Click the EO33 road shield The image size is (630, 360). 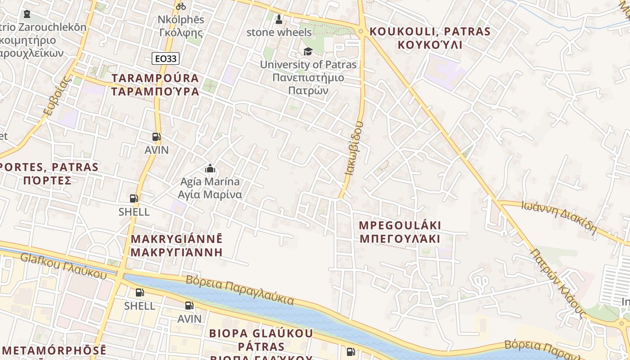[x=166, y=58]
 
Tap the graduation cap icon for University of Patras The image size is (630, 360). [x=308, y=51]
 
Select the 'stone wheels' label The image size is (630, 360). [x=279, y=32]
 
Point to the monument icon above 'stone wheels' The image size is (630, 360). [x=279, y=19]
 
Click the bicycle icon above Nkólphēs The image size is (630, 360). [x=181, y=6]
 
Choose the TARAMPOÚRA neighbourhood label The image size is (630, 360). [x=155, y=85]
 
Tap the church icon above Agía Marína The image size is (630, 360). [x=210, y=169]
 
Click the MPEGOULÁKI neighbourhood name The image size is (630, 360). [x=400, y=232]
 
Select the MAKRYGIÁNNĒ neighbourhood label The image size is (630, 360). [x=176, y=245]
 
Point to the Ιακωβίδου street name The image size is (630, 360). [x=354, y=148]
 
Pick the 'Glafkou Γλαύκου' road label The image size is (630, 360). [x=63, y=265]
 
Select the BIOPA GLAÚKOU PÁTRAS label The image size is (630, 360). [x=261, y=340]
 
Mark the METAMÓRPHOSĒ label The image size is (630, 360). [x=54, y=351]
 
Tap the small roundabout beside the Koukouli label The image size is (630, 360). [x=360, y=31]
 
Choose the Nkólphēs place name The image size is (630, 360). [x=181, y=26]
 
